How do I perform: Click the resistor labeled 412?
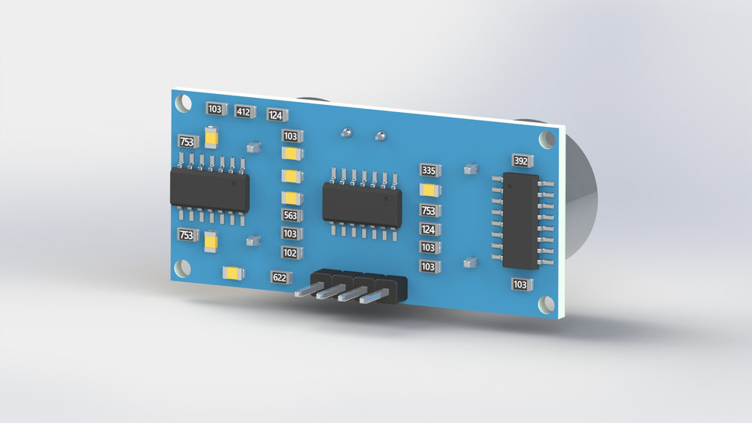click(x=243, y=112)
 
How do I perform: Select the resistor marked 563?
click(x=291, y=215)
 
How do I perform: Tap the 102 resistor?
click(x=291, y=252)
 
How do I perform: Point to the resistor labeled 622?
click(x=280, y=277)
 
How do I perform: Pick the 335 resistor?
click(x=428, y=170)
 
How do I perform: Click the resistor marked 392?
click(x=521, y=161)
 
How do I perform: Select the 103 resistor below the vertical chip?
click(x=521, y=284)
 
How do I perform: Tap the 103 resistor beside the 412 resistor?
click(x=215, y=109)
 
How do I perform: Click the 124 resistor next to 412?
click(x=276, y=115)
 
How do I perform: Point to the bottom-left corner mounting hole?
click(x=182, y=268)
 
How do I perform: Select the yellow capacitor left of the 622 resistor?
click(x=233, y=273)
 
